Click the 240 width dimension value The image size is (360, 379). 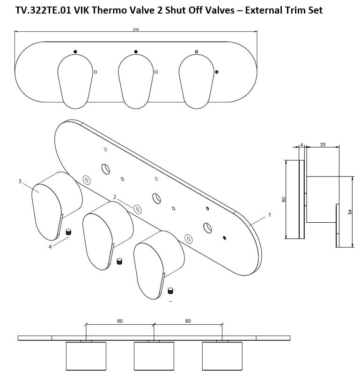[x=136, y=29]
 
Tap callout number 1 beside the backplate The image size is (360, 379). [x=270, y=215]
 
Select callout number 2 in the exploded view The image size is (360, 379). [x=115, y=197]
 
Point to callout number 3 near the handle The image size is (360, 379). [x=20, y=181]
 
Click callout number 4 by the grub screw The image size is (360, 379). [x=50, y=247]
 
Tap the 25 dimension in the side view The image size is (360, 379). [x=323, y=145]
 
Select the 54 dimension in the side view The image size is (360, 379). [x=350, y=212]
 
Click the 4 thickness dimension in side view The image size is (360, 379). [x=301, y=145]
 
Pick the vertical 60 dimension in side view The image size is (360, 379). [x=283, y=199]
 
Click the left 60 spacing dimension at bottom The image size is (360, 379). [x=120, y=321]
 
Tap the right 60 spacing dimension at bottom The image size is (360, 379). [x=188, y=321]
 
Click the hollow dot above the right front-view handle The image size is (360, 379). [x=196, y=52]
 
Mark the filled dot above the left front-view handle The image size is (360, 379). [x=75, y=51]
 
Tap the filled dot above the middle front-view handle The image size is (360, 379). [x=136, y=51]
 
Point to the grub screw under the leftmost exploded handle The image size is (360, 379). [x=69, y=232]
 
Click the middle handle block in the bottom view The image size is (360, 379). [x=154, y=356]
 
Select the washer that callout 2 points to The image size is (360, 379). [x=138, y=209]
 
